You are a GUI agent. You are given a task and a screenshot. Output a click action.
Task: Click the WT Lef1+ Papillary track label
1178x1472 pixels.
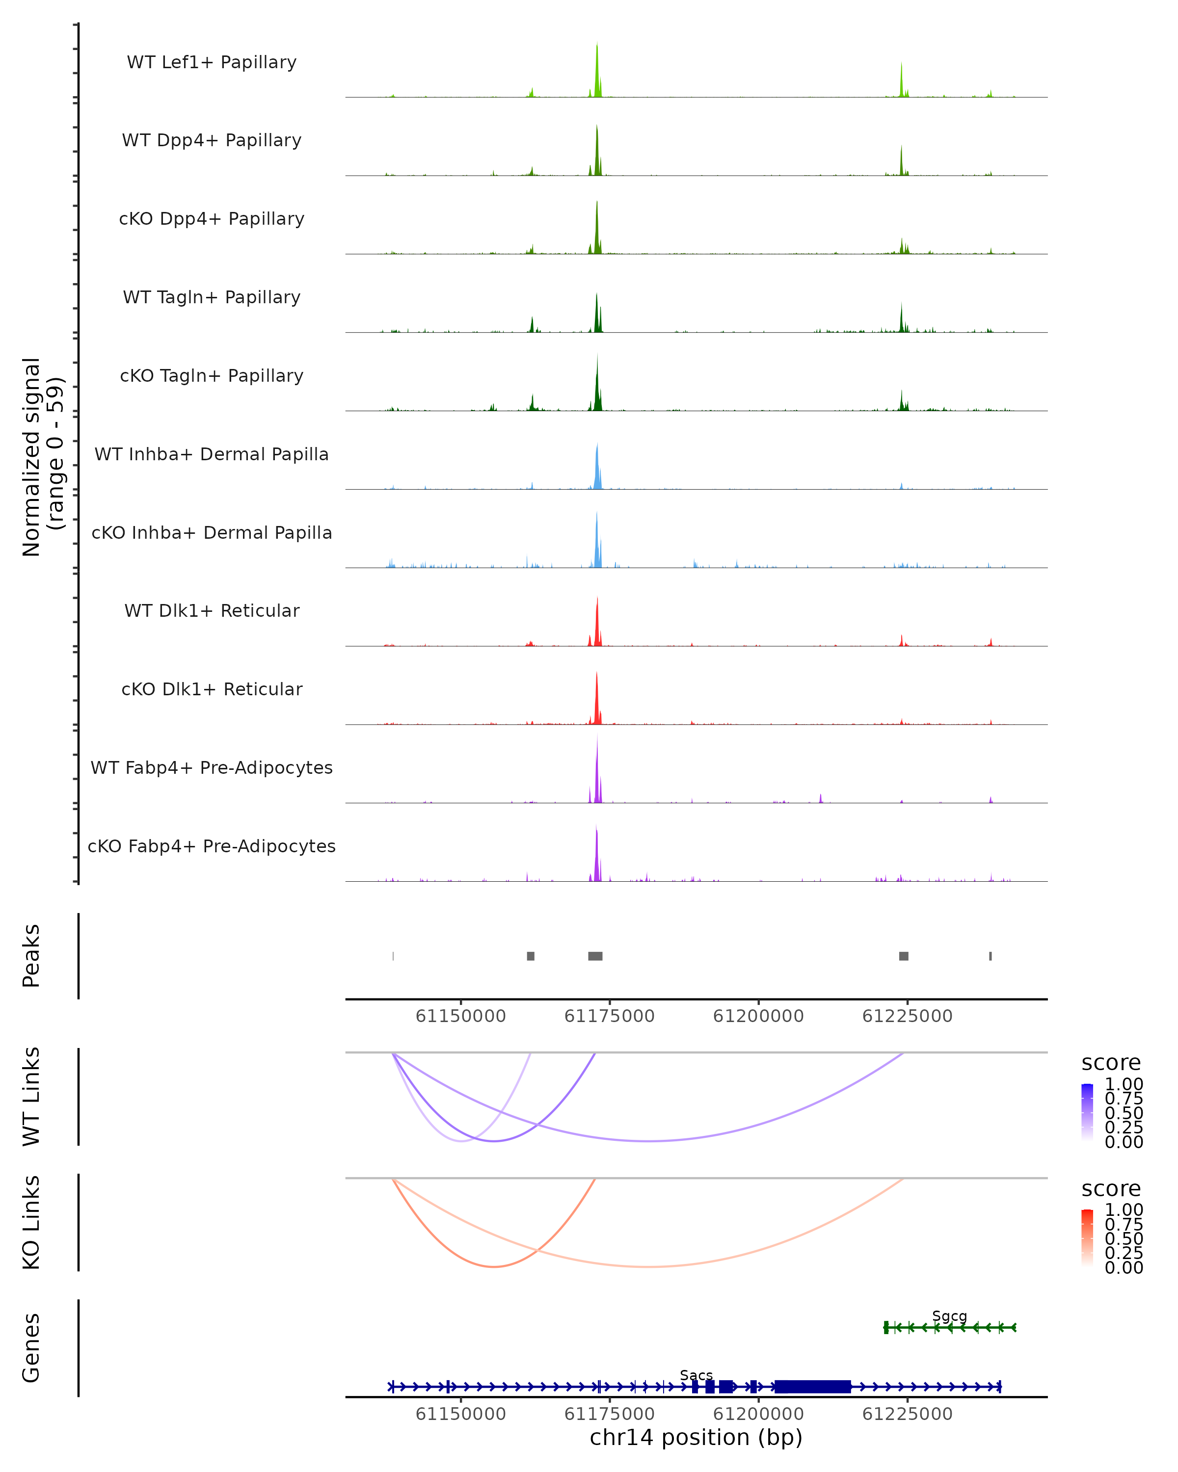[212, 62]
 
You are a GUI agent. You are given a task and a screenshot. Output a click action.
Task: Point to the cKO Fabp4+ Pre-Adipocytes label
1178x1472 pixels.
[212, 846]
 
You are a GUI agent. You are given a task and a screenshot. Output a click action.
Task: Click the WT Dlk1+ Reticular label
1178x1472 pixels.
[212, 611]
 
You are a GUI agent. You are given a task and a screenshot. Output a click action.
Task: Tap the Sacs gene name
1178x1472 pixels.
[696, 1375]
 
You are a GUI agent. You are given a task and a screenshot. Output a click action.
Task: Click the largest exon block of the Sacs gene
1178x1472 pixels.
[813, 1387]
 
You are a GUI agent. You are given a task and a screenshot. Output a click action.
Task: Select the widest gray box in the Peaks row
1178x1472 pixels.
[595, 956]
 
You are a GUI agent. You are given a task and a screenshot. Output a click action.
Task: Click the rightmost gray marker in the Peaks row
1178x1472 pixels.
[990, 956]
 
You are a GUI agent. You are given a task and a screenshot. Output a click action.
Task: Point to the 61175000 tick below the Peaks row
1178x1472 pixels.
[609, 1016]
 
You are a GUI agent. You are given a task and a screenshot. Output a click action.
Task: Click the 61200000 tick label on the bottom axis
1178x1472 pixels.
[758, 1414]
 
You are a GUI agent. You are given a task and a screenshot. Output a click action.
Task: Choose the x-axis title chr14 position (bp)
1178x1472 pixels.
[696, 1438]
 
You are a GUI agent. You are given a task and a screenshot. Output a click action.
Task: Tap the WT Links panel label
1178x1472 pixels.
[31, 1097]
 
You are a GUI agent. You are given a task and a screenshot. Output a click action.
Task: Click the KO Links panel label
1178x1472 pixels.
[31, 1222]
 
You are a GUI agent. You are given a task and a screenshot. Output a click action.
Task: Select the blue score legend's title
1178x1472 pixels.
[1110, 1063]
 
